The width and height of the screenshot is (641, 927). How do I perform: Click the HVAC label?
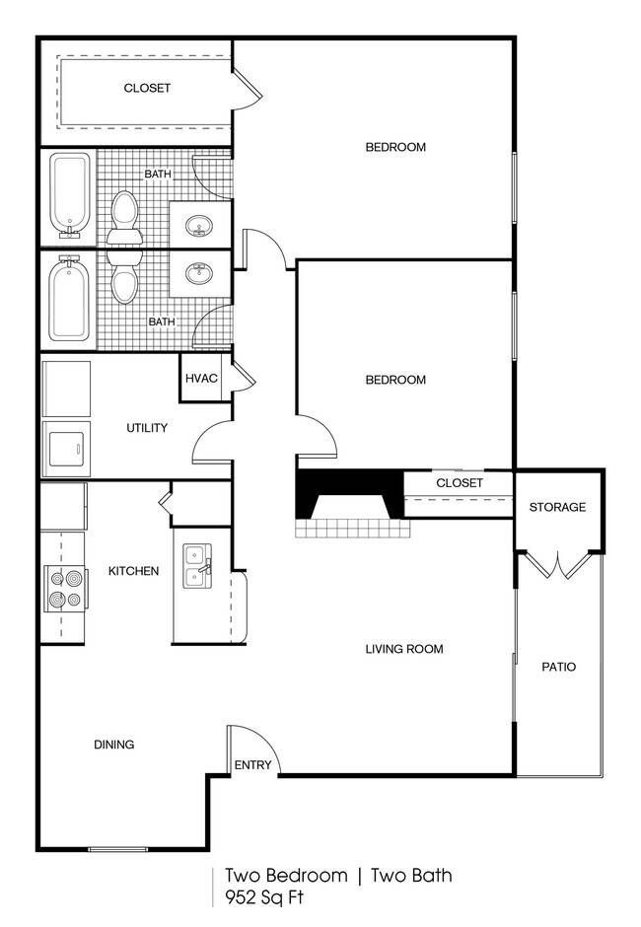pos(201,378)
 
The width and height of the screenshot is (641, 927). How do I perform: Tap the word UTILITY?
pos(147,428)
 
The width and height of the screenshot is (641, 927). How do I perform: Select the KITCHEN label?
pos(133,571)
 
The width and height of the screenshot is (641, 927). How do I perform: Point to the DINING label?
pos(114,745)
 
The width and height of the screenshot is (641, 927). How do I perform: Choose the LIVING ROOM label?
pos(404,649)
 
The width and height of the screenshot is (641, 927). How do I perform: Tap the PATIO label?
pos(558,667)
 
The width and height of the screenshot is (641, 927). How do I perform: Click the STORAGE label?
pos(557,508)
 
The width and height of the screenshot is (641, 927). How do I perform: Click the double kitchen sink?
pos(196,567)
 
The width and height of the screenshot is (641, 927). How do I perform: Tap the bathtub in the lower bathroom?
pos(68,299)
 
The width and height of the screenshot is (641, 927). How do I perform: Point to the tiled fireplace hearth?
pos(351,528)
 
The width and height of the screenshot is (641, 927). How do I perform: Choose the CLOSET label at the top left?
pos(147,88)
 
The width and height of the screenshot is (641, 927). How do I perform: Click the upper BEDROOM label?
pos(395,148)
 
